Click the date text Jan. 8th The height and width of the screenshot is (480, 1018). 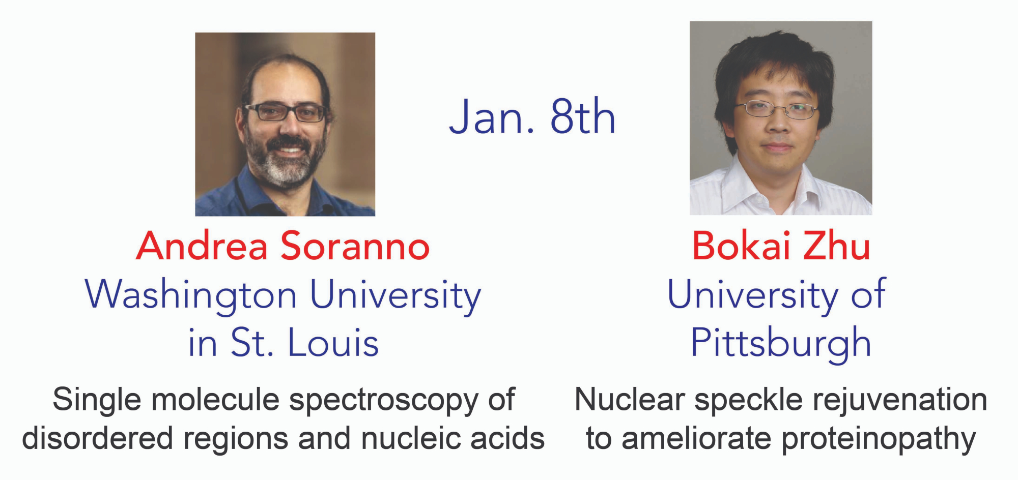click(x=532, y=117)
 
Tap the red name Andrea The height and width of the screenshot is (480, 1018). click(x=202, y=246)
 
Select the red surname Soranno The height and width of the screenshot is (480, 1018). click(x=355, y=246)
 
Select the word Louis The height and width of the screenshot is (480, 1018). click(x=333, y=342)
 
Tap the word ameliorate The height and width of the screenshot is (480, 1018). click(x=696, y=438)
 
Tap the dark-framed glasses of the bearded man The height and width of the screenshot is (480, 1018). click(x=285, y=112)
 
